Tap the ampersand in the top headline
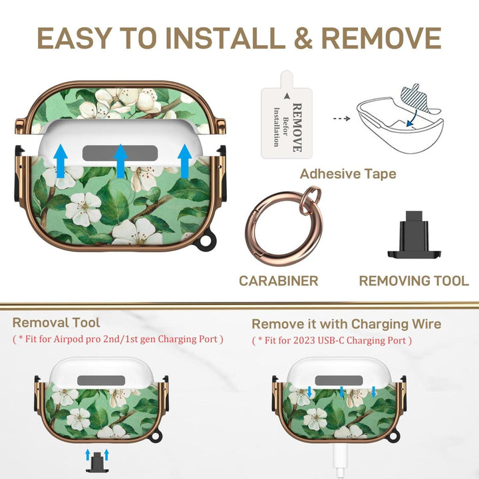coord(303,38)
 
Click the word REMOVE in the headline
coord(381,38)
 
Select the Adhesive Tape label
coord(348,174)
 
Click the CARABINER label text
coord(279,281)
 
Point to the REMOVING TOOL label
coord(414,281)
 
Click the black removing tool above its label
coord(414,235)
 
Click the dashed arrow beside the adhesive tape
coord(341,118)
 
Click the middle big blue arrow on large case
coord(120,161)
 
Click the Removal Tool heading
coord(56,323)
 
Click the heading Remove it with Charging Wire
coord(347,324)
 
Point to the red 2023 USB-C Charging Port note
coord(332,341)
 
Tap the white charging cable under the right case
coord(340,460)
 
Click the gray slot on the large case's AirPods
coord(120,153)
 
